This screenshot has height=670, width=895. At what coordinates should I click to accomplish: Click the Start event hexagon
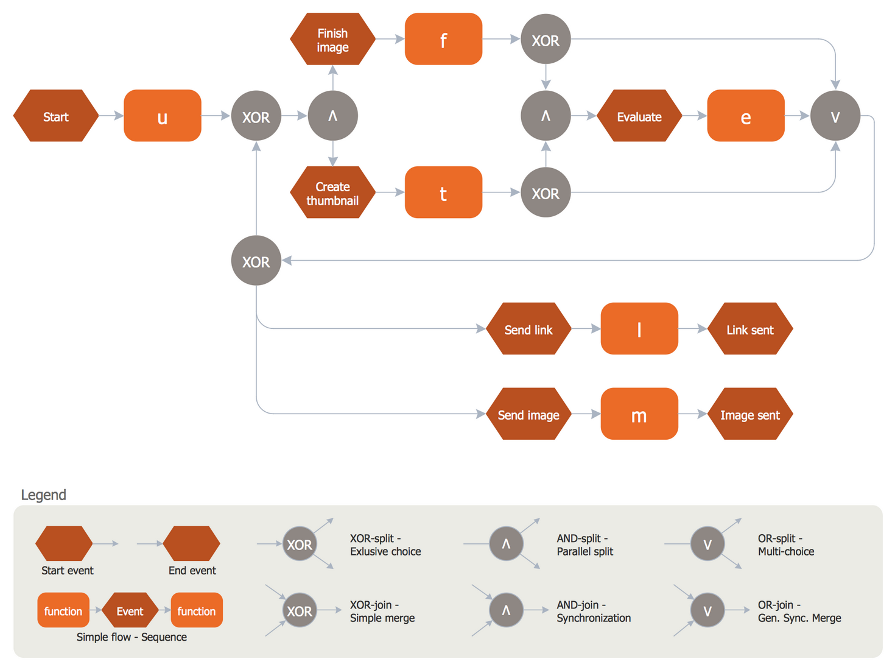(55, 116)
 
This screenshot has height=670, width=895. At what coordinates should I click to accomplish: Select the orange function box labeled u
(163, 116)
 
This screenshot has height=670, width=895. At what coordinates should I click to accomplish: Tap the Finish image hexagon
(332, 40)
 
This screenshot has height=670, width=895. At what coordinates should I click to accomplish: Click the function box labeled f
(443, 40)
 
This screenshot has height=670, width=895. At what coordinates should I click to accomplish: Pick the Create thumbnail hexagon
(332, 193)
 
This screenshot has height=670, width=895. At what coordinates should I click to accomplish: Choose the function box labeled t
(443, 193)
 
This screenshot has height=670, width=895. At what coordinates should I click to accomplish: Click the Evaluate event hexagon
(639, 116)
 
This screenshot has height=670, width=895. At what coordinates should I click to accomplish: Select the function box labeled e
(745, 116)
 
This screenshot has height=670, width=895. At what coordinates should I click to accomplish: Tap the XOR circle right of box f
(546, 40)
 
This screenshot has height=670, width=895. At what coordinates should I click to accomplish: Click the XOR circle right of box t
(546, 193)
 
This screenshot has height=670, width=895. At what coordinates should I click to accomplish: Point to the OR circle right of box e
(835, 116)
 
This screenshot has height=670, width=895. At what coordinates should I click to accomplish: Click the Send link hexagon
(528, 330)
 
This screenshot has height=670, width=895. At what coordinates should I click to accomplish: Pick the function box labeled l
(639, 330)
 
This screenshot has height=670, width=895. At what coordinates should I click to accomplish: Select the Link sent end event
(750, 330)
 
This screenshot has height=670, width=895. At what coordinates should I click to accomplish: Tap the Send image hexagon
(528, 415)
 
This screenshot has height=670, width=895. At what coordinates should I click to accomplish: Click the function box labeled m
(639, 415)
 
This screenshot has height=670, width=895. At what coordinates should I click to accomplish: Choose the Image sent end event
(750, 415)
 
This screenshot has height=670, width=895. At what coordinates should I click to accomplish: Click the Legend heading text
(43, 495)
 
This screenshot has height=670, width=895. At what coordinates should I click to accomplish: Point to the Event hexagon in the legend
(130, 611)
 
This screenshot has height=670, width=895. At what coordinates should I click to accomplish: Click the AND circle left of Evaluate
(546, 116)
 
